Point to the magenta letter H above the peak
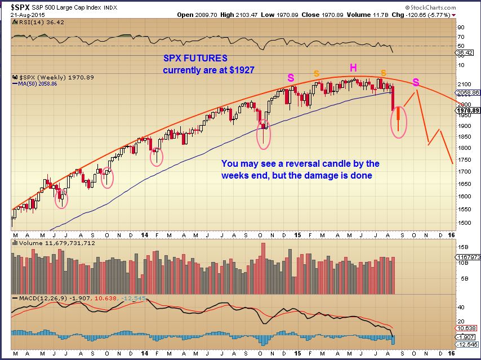coord(353,68)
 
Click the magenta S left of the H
coord(291,78)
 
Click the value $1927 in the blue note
coord(242,70)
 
